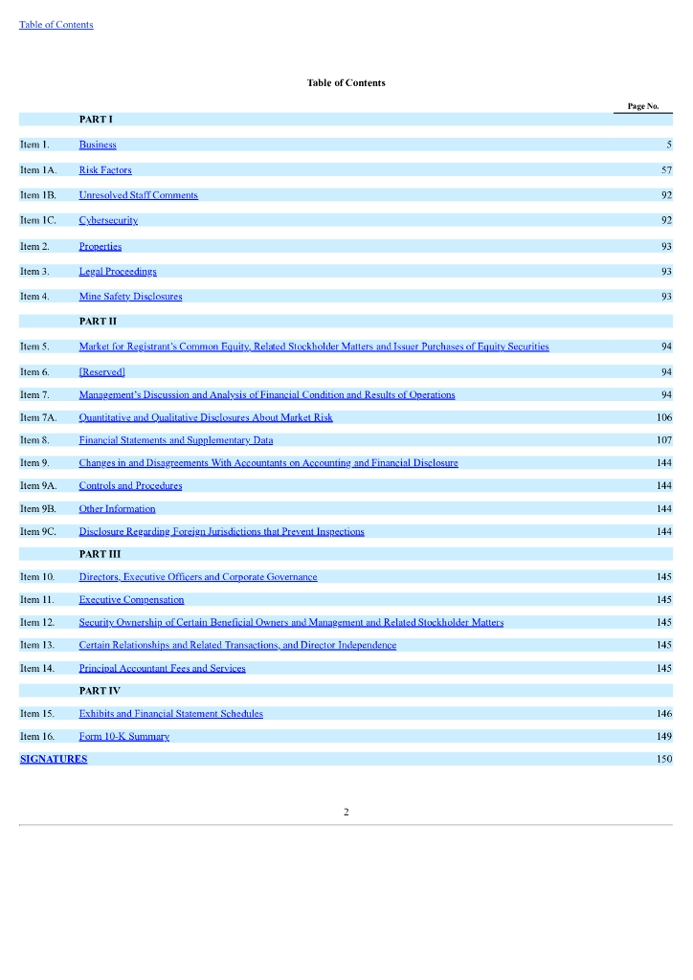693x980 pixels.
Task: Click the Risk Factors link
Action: (x=105, y=170)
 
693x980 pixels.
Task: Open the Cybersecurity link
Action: (x=108, y=220)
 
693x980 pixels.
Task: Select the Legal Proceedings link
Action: (x=118, y=272)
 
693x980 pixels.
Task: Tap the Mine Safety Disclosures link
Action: (x=130, y=297)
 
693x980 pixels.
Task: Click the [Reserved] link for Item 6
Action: (x=101, y=371)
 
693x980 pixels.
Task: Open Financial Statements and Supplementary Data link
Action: (x=175, y=440)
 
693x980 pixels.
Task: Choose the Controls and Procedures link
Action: (x=130, y=486)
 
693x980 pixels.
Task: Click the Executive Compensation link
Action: (x=131, y=600)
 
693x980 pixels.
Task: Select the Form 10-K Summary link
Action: (x=123, y=737)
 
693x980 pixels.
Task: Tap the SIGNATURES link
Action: (x=54, y=759)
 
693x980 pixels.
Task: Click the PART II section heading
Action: (x=98, y=321)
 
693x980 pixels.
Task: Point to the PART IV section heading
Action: (x=100, y=690)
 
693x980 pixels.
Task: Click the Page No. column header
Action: (x=643, y=106)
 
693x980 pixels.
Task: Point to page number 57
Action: (x=666, y=170)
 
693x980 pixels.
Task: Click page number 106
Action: (x=664, y=417)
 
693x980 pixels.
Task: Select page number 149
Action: (x=664, y=737)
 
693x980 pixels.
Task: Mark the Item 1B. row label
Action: (x=38, y=195)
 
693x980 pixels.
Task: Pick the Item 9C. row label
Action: (x=38, y=531)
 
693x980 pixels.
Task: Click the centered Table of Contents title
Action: (x=346, y=83)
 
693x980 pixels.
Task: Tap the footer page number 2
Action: (x=346, y=813)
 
